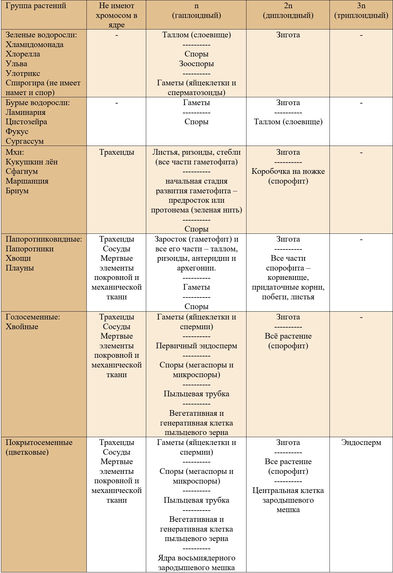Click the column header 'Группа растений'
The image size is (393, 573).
point(36,6)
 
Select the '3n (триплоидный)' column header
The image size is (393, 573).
point(361,11)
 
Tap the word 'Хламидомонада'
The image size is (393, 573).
point(35,45)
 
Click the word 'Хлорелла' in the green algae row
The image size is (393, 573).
point(23,54)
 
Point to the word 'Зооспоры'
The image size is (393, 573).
point(196,64)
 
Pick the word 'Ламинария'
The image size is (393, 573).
point(25,112)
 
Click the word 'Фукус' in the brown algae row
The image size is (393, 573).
point(17,131)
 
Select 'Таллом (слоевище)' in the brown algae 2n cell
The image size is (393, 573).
point(288,122)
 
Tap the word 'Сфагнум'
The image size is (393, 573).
point(22,171)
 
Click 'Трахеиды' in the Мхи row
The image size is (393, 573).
point(117,152)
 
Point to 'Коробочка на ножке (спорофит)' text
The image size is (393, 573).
point(288,176)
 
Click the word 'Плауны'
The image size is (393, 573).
point(20,268)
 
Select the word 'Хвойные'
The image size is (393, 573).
point(22,326)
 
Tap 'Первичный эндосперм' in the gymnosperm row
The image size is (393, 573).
point(196,346)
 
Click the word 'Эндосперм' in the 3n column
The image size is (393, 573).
point(361,442)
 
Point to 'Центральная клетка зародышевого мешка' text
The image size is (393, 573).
point(288,500)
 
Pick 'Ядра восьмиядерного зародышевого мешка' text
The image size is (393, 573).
point(196,563)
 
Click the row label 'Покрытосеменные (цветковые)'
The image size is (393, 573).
point(39,447)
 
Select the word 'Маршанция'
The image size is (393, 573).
point(27,181)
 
